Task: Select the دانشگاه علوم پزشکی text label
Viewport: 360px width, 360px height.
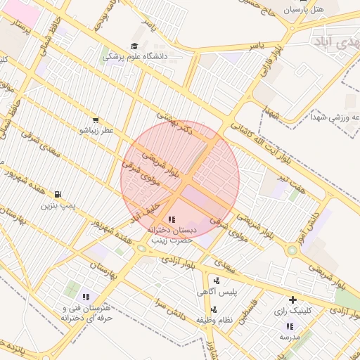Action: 134,56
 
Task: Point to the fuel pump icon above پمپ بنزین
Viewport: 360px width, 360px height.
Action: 58,195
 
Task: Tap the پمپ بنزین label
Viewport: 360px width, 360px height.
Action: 58,205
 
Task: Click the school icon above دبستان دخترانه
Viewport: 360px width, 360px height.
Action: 172,220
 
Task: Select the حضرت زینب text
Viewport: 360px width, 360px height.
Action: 173,240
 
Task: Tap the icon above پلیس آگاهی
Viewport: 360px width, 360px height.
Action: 216,281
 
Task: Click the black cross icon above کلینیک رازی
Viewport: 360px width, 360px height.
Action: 293,300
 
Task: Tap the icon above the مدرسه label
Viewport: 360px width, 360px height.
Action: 290,326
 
